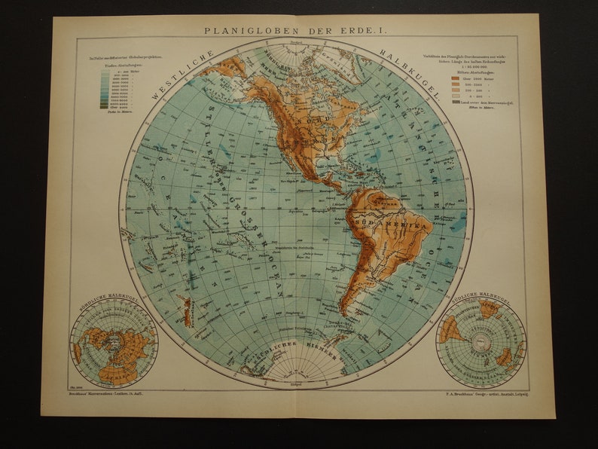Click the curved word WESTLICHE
[x=181, y=73]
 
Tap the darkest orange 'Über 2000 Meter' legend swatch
[x=455, y=78]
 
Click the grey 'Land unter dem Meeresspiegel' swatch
[x=455, y=101]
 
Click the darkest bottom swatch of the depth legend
[x=103, y=108]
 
